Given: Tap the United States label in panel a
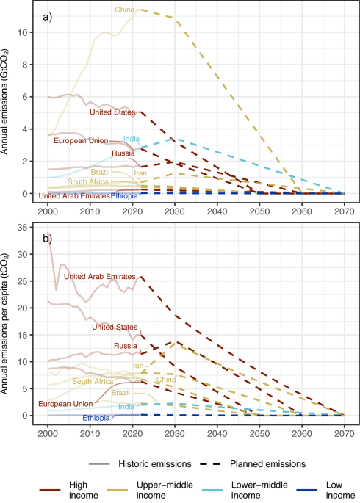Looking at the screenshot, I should pos(113,112).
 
